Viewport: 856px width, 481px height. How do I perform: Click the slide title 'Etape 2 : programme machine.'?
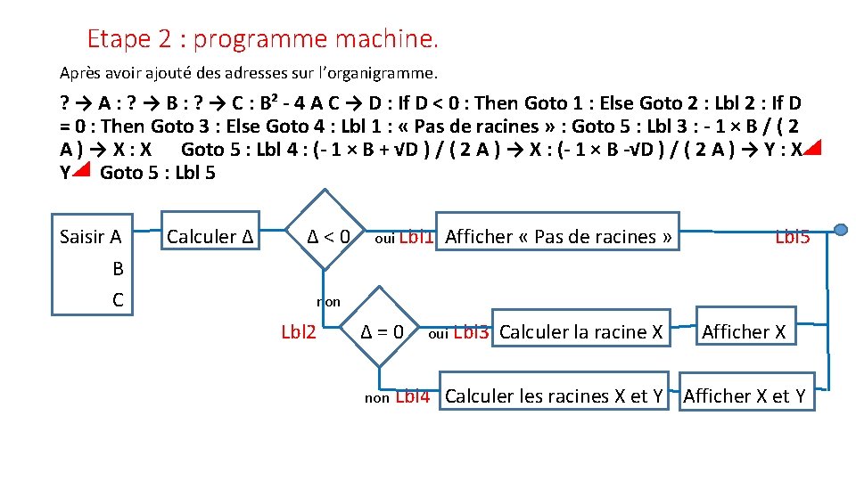click(x=263, y=39)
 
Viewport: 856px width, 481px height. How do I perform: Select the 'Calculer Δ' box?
click(x=211, y=237)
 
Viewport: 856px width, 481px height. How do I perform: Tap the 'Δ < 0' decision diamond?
click(x=328, y=237)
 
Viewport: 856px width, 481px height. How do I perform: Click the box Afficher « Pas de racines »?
click(x=557, y=237)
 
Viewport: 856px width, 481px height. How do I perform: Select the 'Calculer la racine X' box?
click(x=581, y=332)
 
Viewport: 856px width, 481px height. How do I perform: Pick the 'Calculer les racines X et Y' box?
click(x=553, y=396)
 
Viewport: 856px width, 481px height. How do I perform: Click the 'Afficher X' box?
click(x=744, y=332)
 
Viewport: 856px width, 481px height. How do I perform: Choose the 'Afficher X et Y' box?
click(x=745, y=396)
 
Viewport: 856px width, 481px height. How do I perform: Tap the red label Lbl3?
click(x=472, y=333)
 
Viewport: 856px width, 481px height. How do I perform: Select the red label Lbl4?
click(x=412, y=397)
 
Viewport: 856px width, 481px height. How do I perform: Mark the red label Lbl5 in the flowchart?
click(x=793, y=237)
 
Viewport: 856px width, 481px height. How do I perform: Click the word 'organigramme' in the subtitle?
click(x=389, y=71)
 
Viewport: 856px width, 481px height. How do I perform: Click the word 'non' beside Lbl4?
click(x=377, y=399)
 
